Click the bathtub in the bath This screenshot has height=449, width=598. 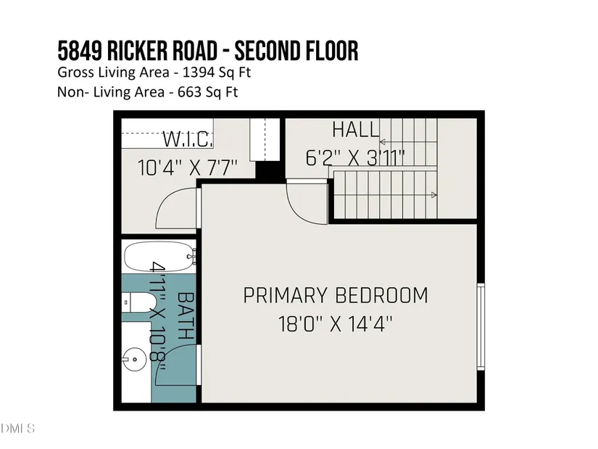tap(159, 257)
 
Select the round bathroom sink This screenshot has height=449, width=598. tap(134, 359)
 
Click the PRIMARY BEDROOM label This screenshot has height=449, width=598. tap(335, 295)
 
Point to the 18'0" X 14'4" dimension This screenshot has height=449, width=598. tap(335, 324)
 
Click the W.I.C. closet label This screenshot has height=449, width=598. tap(188, 139)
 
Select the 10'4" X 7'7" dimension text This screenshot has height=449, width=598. tap(187, 168)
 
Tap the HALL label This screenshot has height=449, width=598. tap(355, 130)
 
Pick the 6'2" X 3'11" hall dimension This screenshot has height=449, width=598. tap(355, 157)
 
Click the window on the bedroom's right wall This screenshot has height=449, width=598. tap(481, 327)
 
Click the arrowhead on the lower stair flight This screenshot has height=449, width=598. tap(433, 195)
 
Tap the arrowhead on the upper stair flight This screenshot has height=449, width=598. tap(383, 142)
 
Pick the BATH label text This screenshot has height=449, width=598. tap(186, 316)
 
